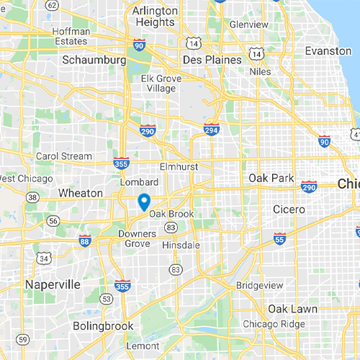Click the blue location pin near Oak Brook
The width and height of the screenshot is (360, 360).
[x=143, y=202]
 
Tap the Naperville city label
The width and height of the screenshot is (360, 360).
[x=53, y=284]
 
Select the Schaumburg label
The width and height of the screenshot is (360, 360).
[x=94, y=60]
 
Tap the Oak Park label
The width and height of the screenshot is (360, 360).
[x=269, y=177]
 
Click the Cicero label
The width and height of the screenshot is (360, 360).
[x=290, y=209]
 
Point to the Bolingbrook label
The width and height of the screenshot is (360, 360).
[x=103, y=326]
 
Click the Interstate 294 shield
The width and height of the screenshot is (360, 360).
[x=211, y=130]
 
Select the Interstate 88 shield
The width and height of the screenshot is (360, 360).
[x=85, y=239]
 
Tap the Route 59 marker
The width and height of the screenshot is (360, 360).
[x=23, y=339]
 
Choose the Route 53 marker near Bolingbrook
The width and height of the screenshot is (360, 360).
[x=107, y=298]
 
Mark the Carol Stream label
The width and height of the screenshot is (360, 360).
[x=64, y=156]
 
